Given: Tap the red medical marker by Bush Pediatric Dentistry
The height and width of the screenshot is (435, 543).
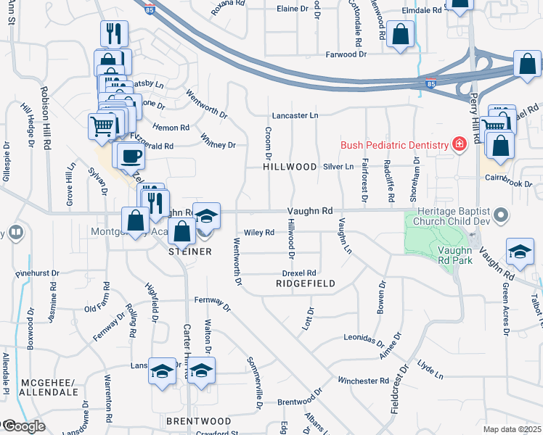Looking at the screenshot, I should tap(459, 145).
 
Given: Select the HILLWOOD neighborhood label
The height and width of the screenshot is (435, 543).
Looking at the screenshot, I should tap(290, 167).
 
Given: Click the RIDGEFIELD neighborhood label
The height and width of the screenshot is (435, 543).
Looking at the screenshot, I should tap(306, 283).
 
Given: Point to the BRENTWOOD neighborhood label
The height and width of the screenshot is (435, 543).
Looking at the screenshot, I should tap(199, 421).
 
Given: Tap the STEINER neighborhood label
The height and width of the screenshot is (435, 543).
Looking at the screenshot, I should tap(190, 252).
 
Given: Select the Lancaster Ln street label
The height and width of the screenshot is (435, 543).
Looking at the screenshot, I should tap(295, 116).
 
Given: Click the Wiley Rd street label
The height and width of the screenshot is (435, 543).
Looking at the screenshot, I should tap(258, 233).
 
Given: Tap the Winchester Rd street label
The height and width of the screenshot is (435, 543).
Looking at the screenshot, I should tap(363, 381).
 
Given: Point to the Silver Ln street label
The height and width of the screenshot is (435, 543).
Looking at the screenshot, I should tap(338, 167).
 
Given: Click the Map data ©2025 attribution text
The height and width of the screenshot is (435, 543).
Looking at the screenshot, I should tap(513, 429).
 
